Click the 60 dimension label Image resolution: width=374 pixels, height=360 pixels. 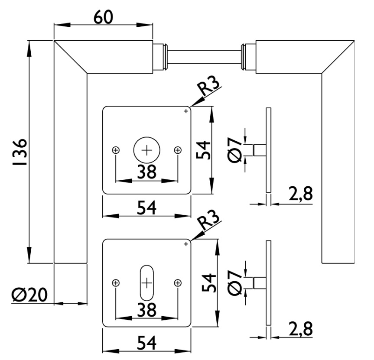103,17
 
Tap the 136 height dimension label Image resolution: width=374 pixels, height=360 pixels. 20,152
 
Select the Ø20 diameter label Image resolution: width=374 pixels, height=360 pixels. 29,295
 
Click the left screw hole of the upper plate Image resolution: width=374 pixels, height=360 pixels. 116,150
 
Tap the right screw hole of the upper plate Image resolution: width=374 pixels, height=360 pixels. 178,150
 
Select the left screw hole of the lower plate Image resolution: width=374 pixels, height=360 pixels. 116,283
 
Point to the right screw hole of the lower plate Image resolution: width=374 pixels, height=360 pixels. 178,283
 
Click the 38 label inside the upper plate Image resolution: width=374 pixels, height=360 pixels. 146,172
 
